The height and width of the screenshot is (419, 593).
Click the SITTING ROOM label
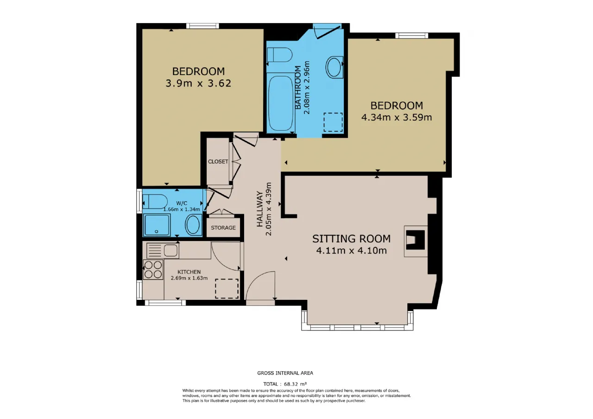351,239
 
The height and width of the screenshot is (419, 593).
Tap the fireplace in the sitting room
416,241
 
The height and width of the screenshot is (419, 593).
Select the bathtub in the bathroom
281,103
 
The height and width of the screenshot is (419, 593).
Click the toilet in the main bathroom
279,55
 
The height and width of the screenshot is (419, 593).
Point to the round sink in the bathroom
334,67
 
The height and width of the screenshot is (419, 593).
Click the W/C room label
182,203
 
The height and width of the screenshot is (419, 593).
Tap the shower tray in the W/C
157,225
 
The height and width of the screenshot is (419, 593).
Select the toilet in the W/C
155,202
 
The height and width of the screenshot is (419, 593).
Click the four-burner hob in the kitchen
153,270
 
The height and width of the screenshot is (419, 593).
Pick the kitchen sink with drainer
163,251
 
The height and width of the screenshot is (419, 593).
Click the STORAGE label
223,228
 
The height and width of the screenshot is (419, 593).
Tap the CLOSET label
218,162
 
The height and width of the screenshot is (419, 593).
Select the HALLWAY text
260,209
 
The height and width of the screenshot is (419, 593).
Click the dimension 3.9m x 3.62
198,83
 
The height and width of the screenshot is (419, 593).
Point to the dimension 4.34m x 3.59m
397,117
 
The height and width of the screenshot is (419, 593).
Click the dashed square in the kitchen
227,288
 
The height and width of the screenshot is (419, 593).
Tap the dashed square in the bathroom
333,122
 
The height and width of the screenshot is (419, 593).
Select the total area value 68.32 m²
295,384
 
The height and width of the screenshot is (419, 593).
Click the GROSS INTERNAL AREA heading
285,373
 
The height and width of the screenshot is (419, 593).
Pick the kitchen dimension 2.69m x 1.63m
189,278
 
